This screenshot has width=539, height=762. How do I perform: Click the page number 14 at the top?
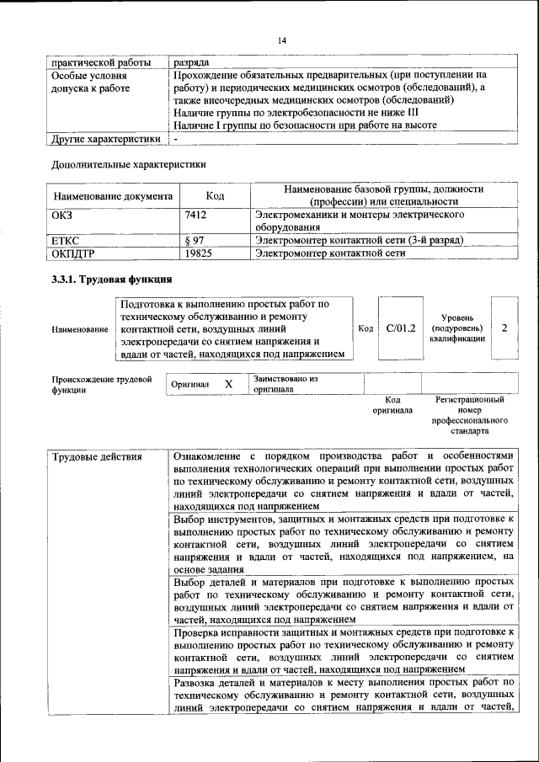tap(282, 40)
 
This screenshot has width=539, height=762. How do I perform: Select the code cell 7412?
tap(195, 216)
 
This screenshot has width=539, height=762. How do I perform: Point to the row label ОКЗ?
tap(63, 216)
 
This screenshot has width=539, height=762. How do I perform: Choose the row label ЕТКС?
tap(66, 241)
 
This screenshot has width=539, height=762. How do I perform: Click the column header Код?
tap(214, 196)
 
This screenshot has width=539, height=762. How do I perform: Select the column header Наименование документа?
tap(113, 196)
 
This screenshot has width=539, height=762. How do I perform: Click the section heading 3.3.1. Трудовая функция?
tap(112, 280)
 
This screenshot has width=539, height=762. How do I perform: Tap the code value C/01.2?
tap(401, 328)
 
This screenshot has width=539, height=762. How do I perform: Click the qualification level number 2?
tap(504, 328)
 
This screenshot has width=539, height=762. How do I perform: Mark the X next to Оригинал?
tap(228, 384)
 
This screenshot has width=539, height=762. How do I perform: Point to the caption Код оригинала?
tap(392, 405)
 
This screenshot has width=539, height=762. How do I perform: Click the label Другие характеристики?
tap(105, 139)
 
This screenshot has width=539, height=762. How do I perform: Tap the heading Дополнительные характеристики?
tap(128, 164)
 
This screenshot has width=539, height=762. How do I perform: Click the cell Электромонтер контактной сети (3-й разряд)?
tap(360, 241)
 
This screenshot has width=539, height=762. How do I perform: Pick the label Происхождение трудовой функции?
tap(101, 385)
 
